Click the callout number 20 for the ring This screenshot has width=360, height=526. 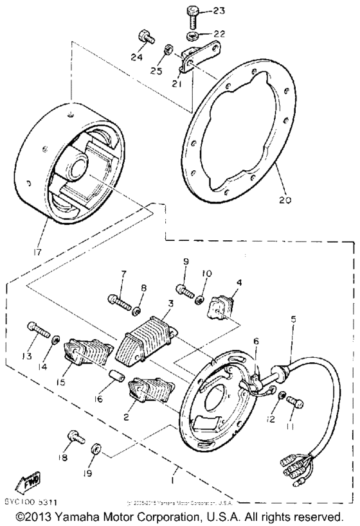[283, 199]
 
